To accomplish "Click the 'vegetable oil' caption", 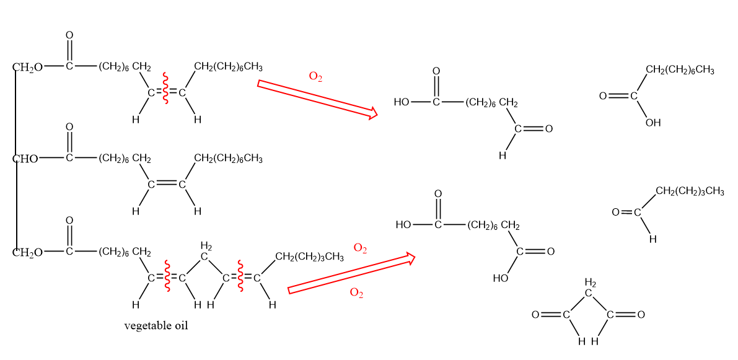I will [156, 325].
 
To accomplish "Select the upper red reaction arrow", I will [317, 98].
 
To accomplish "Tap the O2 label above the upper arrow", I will [315, 77].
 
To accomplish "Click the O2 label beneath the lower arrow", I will [356, 292].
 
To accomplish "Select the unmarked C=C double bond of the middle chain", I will [166, 184].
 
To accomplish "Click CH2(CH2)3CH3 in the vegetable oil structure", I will [309, 257].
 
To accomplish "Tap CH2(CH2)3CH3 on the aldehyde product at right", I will [690, 191].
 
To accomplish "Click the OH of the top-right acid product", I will [652, 123].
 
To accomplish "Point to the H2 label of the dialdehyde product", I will [590, 283].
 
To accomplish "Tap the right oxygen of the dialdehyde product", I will [641, 315].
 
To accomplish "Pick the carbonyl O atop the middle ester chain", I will [69, 127].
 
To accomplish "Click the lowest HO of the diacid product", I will [501, 278].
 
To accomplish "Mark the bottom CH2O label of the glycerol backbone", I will [28, 252].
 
